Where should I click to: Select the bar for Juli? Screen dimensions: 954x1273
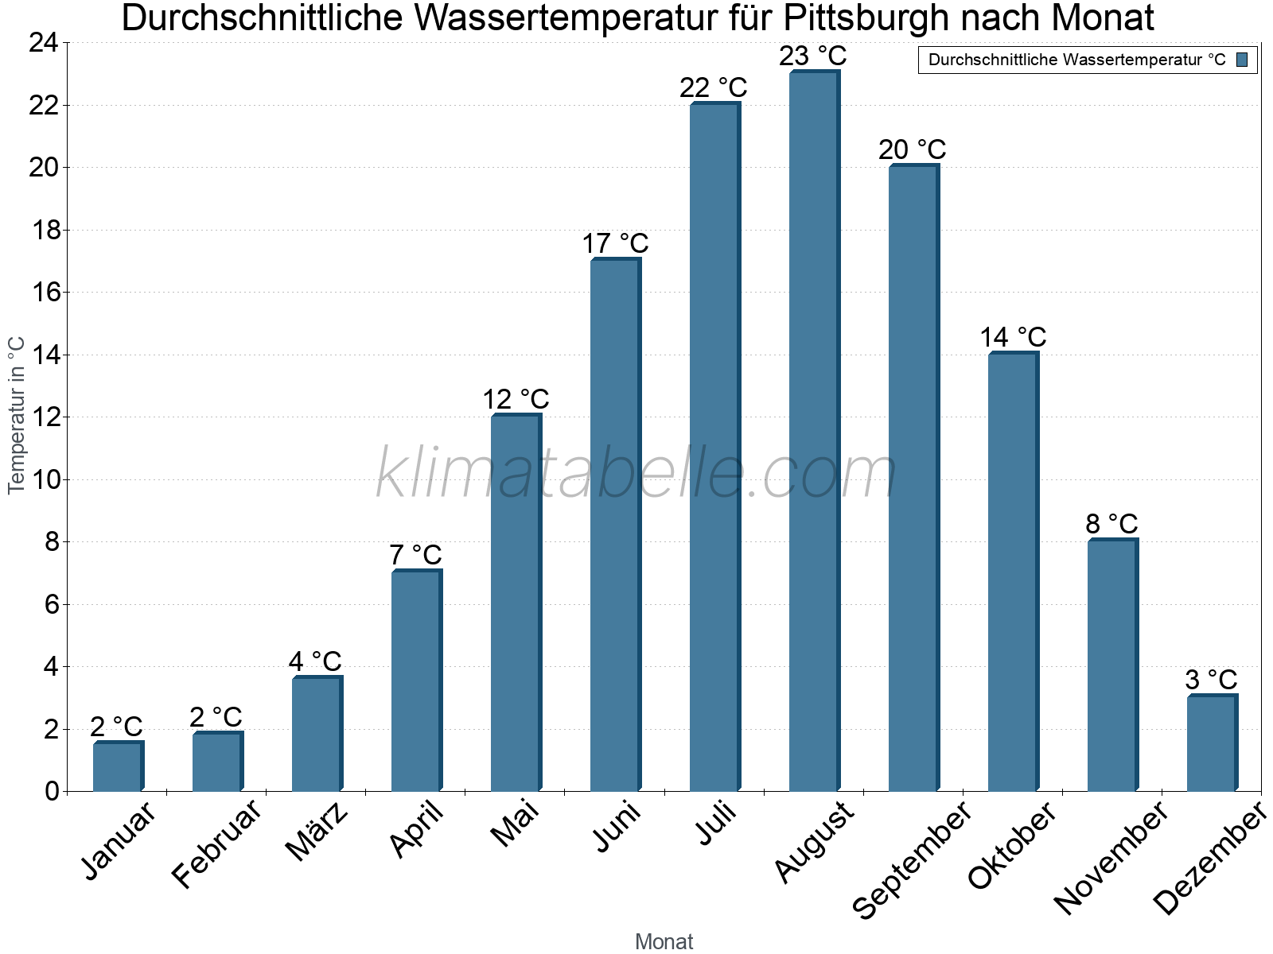click(x=714, y=445)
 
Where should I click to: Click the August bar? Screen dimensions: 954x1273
click(x=814, y=429)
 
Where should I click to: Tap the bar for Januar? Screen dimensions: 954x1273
click(x=118, y=766)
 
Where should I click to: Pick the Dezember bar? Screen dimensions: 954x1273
click(x=1212, y=743)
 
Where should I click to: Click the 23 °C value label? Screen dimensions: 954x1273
click(x=813, y=56)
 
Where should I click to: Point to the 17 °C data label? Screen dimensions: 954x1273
click(x=615, y=243)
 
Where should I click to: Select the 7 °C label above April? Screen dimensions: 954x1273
click(x=415, y=555)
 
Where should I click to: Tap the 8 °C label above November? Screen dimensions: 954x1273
click(x=1111, y=524)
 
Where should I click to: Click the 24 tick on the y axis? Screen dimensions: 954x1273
click(x=43, y=43)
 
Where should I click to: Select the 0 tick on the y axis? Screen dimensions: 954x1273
click(x=52, y=791)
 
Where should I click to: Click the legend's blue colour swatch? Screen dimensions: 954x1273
click(x=1243, y=60)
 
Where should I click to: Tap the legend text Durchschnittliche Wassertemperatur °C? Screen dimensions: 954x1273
click(x=1076, y=60)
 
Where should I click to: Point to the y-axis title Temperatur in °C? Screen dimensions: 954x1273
click(x=17, y=415)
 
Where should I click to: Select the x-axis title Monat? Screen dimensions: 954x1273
click(x=664, y=941)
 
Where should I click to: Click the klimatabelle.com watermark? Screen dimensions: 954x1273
click(x=636, y=473)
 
